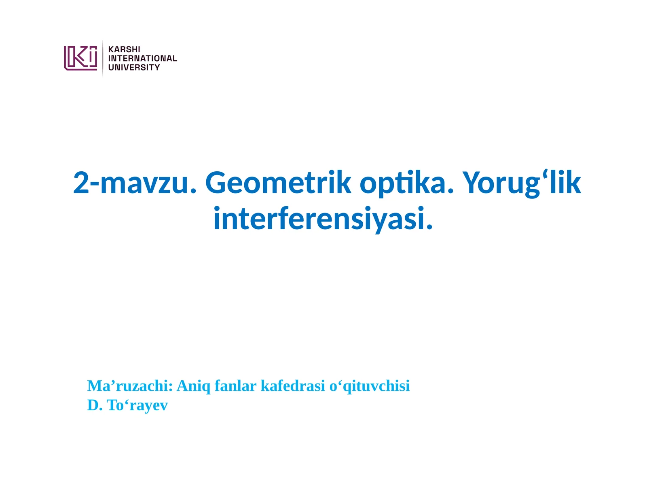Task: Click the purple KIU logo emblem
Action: [x=80, y=58]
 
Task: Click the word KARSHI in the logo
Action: [x=124, y=49]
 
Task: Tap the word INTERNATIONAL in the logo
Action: [x=142, y=58]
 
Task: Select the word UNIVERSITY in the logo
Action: [x=134, y=68]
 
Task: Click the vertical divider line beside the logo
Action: [x=103, y=58]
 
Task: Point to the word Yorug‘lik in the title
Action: [x=522, y=183]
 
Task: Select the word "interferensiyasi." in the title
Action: [x=323, y=219]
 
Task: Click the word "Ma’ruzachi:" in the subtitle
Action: [x=130, y=386]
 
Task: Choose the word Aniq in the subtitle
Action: [x=194, y=386]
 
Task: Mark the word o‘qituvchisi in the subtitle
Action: [x=370, y=386]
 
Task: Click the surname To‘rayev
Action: [x=137, y=405]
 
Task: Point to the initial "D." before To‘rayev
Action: [x=95, y=405]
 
